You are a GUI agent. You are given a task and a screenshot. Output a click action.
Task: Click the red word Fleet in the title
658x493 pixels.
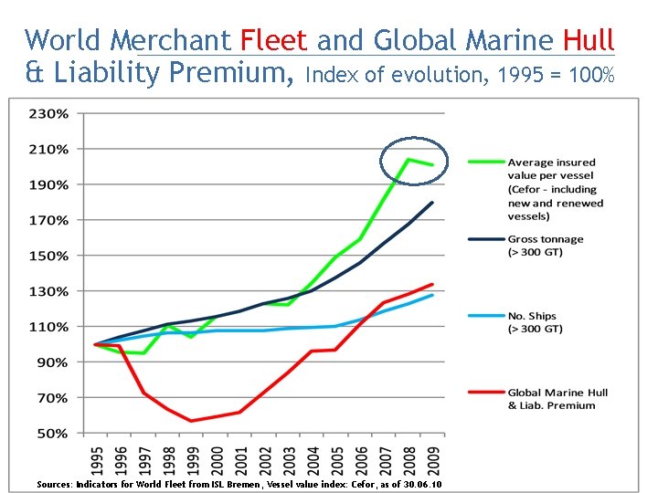pos(274,40)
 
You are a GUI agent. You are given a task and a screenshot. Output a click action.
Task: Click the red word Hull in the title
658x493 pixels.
pos(589,40)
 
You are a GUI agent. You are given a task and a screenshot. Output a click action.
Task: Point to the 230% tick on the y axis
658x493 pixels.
pos(50,114)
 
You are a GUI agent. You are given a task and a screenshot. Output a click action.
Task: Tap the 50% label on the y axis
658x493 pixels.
pos(53,434)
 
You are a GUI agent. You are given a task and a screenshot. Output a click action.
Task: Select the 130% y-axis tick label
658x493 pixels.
pos(50,291)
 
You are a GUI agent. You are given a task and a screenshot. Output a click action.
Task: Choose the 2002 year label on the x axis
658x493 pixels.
pos(264,459)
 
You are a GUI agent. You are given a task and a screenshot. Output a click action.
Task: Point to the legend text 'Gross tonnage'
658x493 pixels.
pos(546,239)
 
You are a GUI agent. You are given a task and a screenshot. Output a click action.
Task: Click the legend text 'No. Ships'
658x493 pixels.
pos(534,315)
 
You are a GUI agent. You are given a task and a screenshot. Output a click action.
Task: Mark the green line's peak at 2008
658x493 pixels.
pos(408,160)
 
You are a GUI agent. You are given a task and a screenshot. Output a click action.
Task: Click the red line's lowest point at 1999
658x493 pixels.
pos(192,421)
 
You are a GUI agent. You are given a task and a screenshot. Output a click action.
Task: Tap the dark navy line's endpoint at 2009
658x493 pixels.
pos(431,203)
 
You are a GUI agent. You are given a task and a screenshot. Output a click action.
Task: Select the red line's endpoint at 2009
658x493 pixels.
pos(431,284)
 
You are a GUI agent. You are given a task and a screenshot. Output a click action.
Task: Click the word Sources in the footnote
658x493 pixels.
pos(53,484)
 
